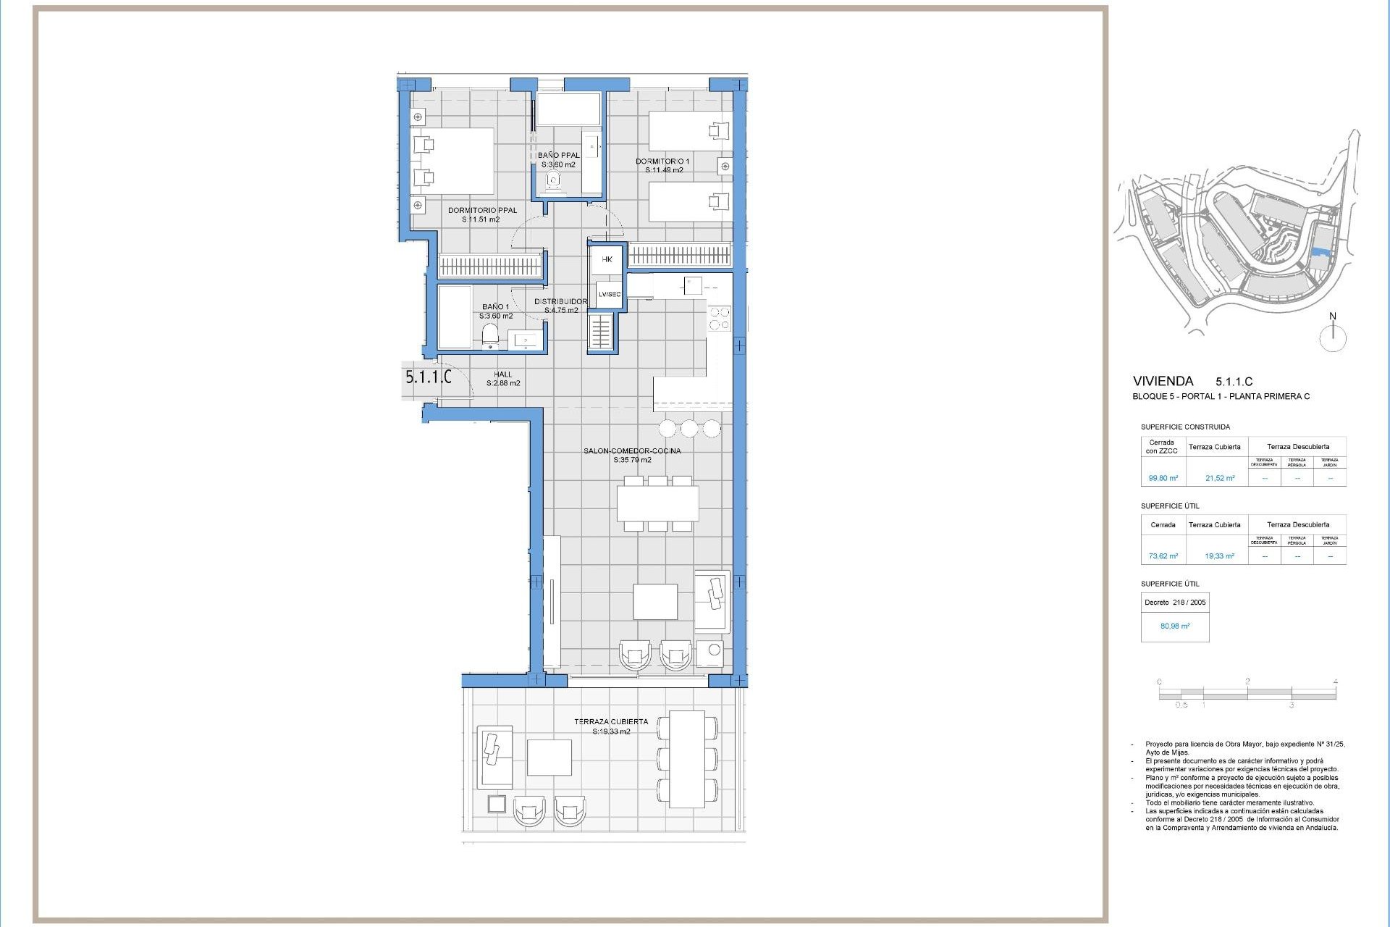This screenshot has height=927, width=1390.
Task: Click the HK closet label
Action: [x=607, y=259]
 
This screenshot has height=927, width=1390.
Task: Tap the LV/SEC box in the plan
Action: [x=609, y=294]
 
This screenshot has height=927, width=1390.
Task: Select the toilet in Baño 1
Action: [x=490, y=335]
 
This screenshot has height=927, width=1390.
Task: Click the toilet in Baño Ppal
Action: [x=554, y=180]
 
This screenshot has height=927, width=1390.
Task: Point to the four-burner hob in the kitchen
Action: [x=719, y=319]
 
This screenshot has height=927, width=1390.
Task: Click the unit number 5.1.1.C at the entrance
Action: [x=428, y=377]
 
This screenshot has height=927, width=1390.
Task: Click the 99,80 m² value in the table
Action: [x=1163, y=478]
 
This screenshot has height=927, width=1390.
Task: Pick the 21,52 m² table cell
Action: [x=1220, y=478]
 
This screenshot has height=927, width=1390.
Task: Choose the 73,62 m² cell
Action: [x=1163, y=556]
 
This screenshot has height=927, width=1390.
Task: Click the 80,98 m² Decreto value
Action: [x=1174, y=626]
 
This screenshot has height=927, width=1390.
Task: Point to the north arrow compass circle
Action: [x=1332, y=338]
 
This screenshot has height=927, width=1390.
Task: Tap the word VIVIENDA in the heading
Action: [x=1163, y=381]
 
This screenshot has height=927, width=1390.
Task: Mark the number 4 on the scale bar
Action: [x=1335, y=681]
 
